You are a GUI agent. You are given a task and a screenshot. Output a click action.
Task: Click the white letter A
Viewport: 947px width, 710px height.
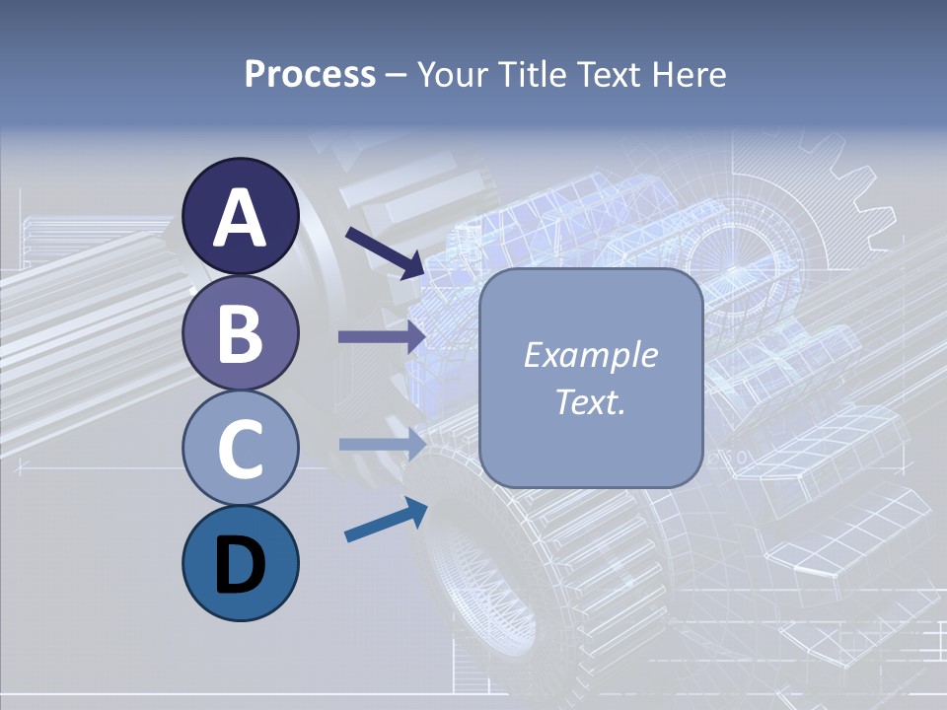pos(241,218)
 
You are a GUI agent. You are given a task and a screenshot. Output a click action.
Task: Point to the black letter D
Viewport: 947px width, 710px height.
pos(241,566)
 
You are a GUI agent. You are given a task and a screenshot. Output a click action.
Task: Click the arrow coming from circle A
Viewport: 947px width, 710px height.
pos(386,252)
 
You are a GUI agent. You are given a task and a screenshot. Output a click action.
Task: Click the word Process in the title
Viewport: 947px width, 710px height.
pos(310,75)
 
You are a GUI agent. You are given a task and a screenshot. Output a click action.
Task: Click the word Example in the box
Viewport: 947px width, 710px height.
pos(590,355)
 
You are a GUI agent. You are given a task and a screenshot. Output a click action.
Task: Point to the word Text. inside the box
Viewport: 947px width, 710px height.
pos(590,402)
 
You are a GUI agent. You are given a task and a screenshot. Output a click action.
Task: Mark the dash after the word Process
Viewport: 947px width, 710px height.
pos(396,75)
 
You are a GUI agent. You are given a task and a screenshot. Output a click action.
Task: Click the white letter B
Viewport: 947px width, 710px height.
pos(241,333)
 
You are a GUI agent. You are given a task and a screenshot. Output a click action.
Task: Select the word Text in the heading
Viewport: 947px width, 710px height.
pos(606,75)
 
